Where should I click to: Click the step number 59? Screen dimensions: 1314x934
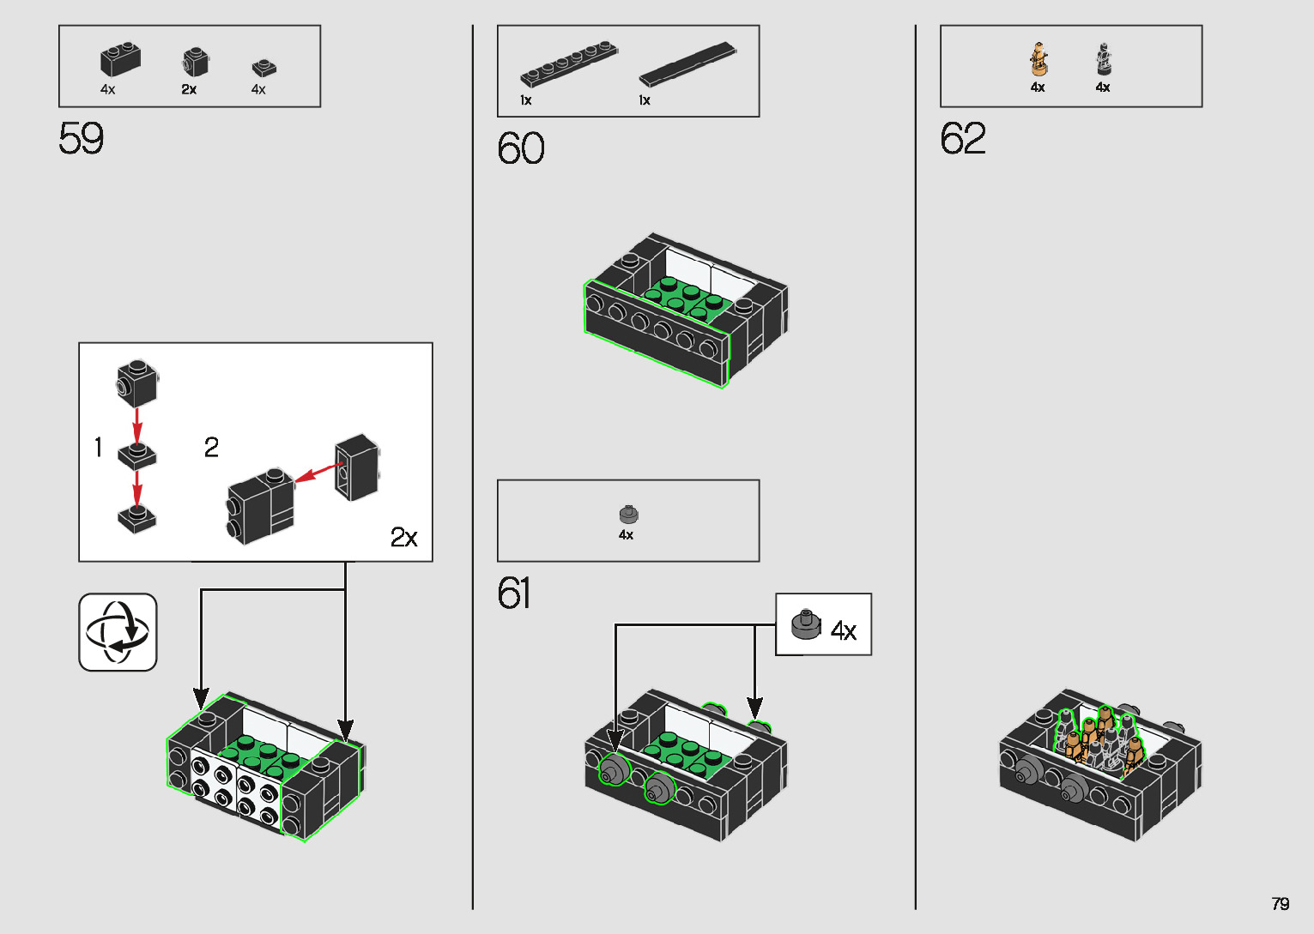pos(81,138)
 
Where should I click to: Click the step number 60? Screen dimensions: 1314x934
pos(521,148)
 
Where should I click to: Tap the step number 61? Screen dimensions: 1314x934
pos(514,593)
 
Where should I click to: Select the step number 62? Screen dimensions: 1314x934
pos(963,138)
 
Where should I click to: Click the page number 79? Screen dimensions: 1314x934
pos(1281,903)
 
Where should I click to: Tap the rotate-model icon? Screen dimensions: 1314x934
pos(118,632)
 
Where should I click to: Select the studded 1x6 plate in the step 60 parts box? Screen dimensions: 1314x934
pos(569,64)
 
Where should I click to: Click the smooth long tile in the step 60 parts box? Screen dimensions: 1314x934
pos(687,64)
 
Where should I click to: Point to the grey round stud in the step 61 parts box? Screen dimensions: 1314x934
pos(629,514)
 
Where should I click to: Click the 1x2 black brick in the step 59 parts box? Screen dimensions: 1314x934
pos(121,58)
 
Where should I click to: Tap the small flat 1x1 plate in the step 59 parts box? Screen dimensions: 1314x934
pos(264,68)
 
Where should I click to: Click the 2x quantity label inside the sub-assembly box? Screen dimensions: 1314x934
pos(403,537)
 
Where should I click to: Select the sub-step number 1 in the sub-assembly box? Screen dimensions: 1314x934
pos(98,447)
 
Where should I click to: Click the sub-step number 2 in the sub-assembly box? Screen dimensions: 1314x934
pos(211,447)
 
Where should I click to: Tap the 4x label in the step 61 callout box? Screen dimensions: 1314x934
pos(844,631)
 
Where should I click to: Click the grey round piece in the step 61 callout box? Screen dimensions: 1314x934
pos(807,624)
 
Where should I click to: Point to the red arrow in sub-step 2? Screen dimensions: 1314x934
pos(318,473)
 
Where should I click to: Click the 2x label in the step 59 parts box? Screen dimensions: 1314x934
pos(189,89)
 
